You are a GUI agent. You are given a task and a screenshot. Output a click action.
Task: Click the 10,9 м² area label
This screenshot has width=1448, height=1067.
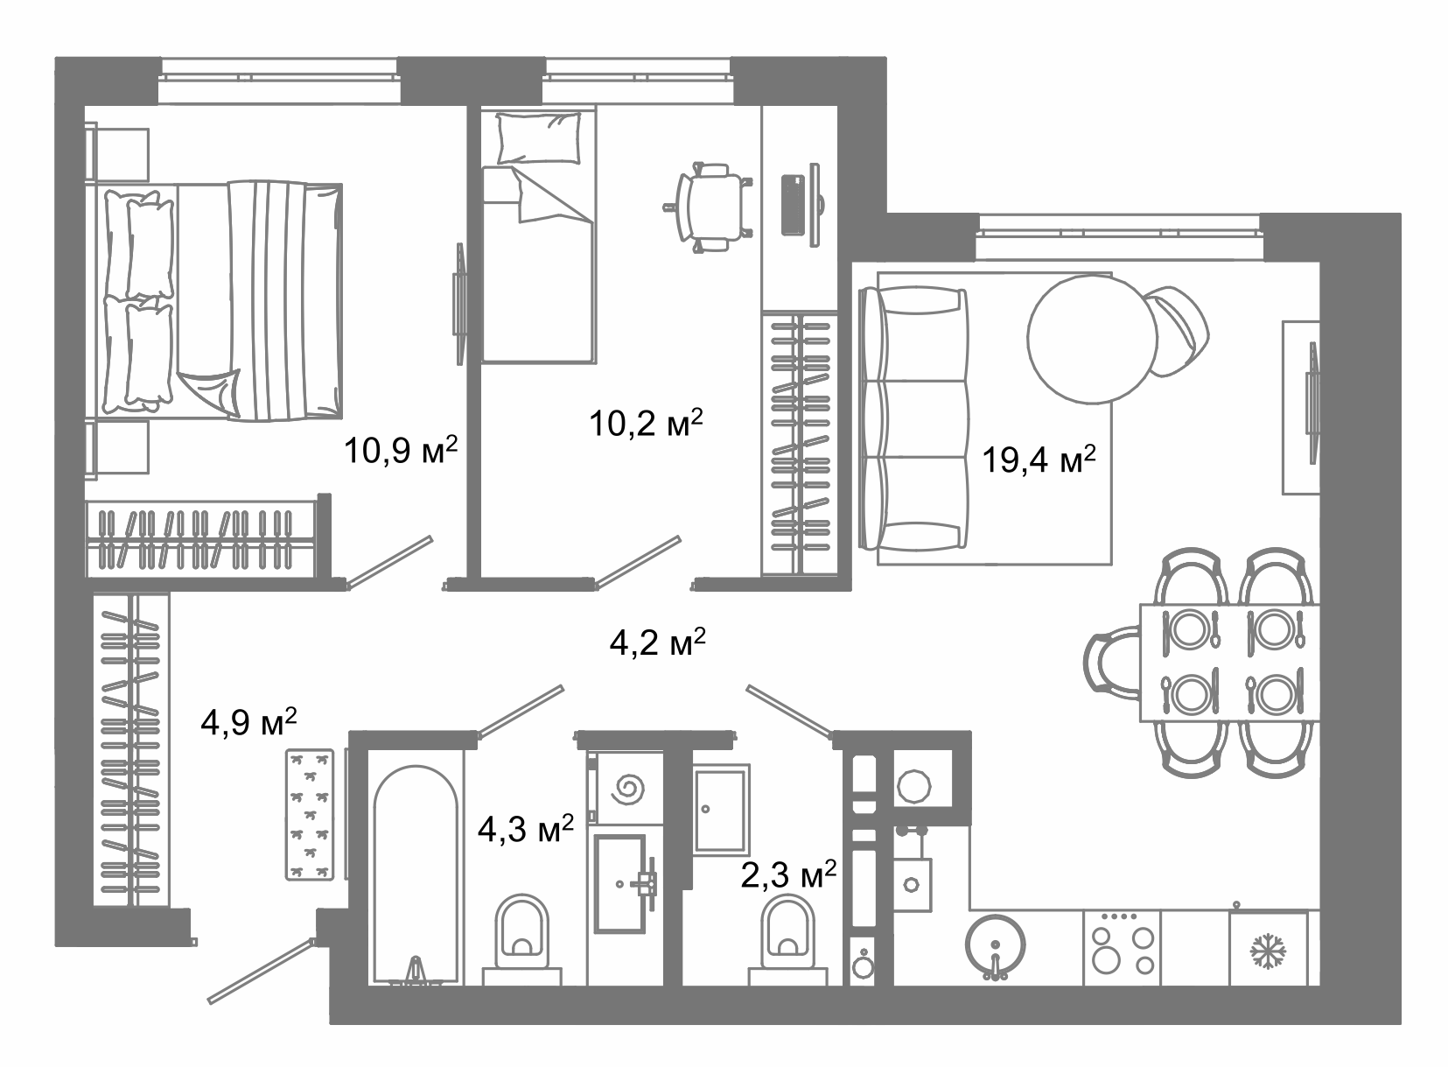pyautogui.click(x=401, y=449)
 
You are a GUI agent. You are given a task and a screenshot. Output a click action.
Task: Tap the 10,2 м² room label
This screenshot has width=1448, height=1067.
pyautogui.click(x=646, y=423)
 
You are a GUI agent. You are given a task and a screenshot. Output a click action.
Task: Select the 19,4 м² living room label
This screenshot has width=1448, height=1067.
pyautogui.click(x=1039, y=460)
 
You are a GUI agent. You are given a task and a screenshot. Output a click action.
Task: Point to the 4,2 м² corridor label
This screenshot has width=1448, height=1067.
pyautogui.click(x=657, y=642)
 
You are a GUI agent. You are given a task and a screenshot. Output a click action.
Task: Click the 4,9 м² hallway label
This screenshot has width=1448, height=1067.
pyautogui.click(x=248, y=721)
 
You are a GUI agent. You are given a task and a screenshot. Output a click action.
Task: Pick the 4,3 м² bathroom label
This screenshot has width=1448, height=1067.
pyautogui.click(x=526, y=828)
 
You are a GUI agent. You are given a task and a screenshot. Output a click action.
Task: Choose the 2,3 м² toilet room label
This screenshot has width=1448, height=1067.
pyautogui.click(x=788, y=874)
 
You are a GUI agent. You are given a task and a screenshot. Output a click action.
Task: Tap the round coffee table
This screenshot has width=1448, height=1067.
pyautogui.click(x=1093, y=340)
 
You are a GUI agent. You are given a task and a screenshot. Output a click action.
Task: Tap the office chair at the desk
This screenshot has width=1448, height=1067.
pyautogui.click(x=709, y=207)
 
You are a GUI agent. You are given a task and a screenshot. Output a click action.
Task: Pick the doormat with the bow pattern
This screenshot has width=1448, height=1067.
pyautogui.click(x=311, y=815)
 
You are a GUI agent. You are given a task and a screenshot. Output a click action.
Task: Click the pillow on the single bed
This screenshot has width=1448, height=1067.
pyautogui.click(x=539, y=137)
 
